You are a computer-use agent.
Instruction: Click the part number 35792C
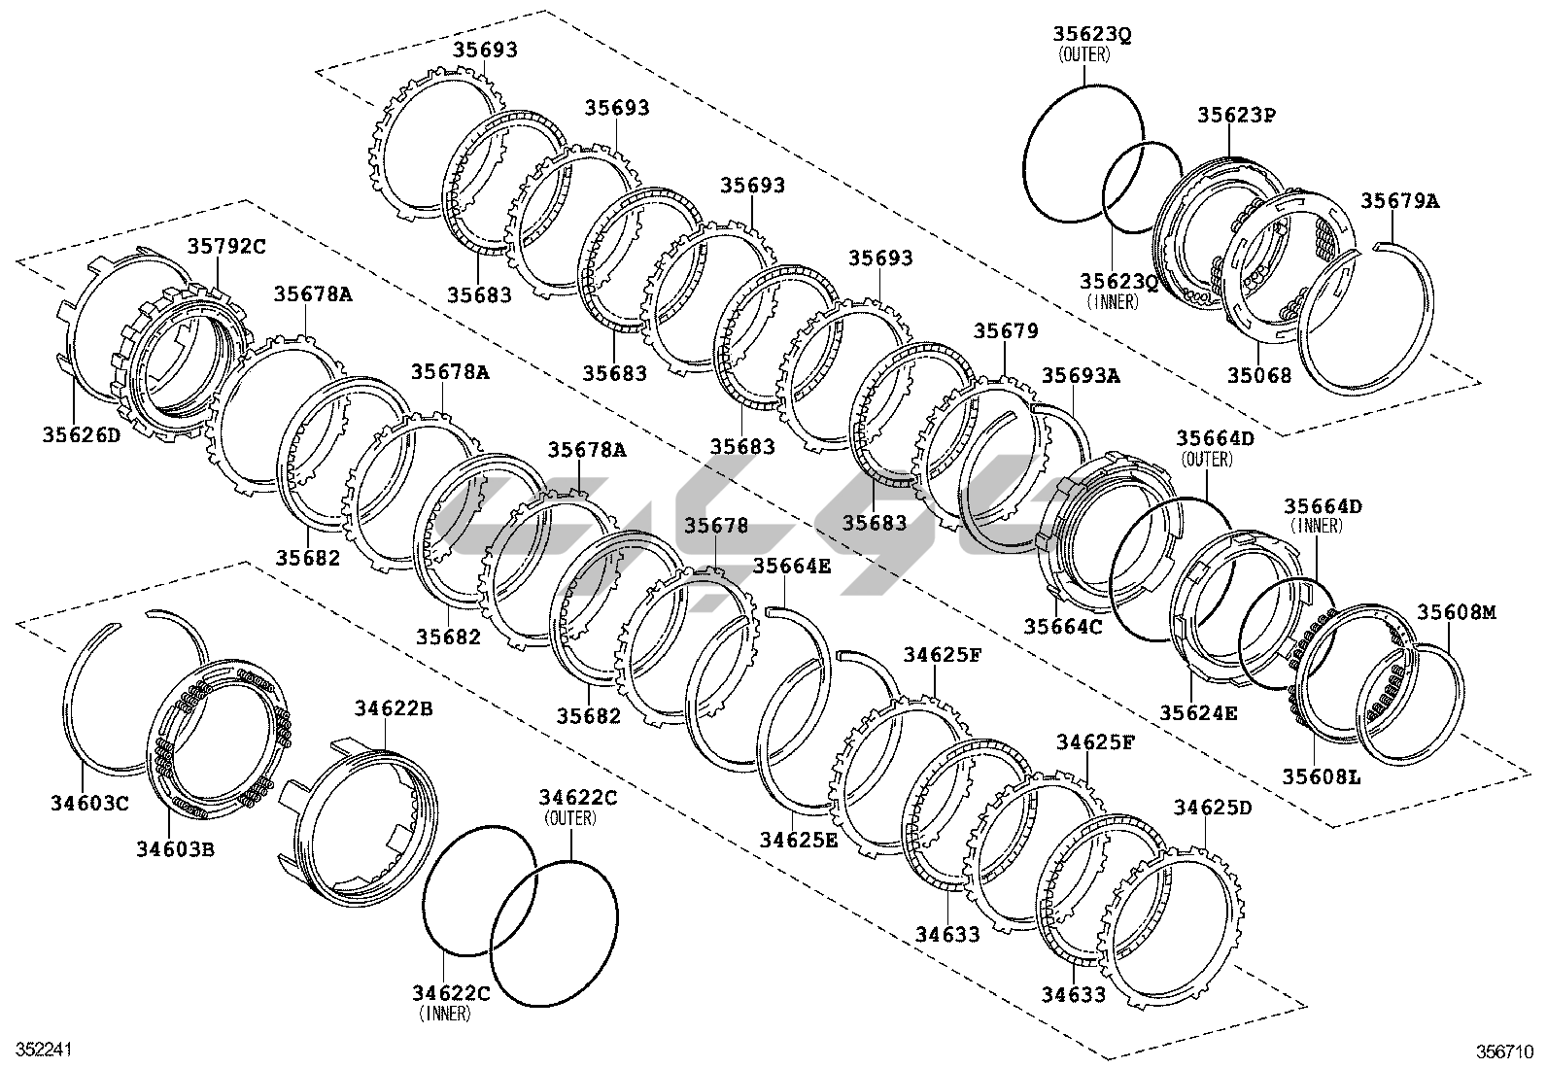coord(225,247)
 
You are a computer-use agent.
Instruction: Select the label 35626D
coord(82,434)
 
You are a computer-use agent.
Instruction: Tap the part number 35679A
coord(1399,201)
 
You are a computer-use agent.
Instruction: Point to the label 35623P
coord(1236,115)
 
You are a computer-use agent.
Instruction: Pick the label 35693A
coord(1081,375)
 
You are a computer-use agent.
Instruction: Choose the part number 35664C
coord(1063,627)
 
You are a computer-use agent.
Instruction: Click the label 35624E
coord(1198,712)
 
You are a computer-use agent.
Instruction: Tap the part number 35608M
coord(1457,612)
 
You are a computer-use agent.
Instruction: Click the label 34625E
coord(798,840)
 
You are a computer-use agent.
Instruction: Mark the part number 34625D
coord(1213,808)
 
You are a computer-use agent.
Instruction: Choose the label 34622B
coord(394,708)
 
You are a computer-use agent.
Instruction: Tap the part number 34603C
coord(89,802)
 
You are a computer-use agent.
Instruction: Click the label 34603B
coord(175,848)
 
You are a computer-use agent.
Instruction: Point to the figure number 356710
coord(1505,1051)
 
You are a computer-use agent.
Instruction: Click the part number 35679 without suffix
coord(1006,331)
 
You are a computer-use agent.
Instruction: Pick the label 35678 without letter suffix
coord(716,526)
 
